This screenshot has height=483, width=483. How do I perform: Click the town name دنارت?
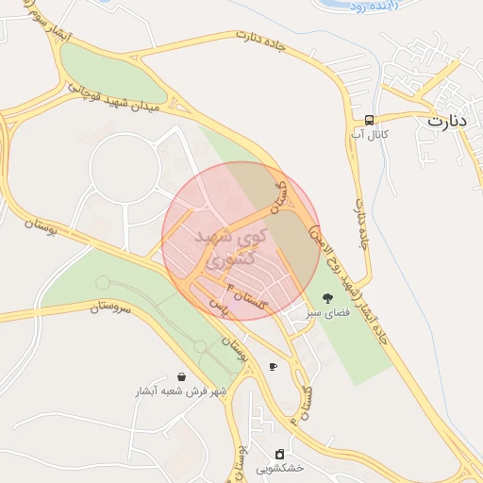pos(447,121)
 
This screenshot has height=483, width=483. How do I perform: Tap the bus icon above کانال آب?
pos(369,120)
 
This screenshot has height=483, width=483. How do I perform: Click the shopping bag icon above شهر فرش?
pos(180,375)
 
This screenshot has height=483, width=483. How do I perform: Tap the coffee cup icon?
pos(273,366)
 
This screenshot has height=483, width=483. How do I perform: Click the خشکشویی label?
pos(279,468)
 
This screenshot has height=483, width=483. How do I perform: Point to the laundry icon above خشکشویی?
pos(279,453)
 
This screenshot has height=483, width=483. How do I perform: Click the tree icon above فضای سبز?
pos(327,298)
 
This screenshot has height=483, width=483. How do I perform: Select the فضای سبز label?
pos(326,312)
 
